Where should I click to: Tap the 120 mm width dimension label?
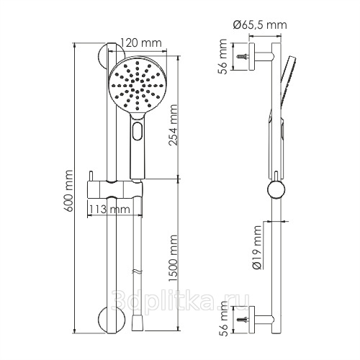click(140, 43)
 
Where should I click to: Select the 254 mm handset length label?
click(173, 125)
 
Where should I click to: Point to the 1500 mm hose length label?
click(173, 258)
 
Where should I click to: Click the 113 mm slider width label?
click(109, 210)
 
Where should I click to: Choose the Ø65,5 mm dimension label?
click(260, 25)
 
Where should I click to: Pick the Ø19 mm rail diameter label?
click(257, 247)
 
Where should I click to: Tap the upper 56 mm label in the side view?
click(222, 57)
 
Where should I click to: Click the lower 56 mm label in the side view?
click(222, 319)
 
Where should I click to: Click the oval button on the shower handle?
click(138, 131)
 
